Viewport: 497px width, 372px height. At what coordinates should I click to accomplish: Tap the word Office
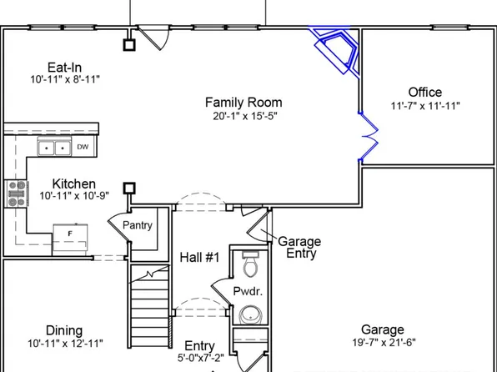tap(424, 92)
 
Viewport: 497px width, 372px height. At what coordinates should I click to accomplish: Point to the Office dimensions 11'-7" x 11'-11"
tap(425, 106)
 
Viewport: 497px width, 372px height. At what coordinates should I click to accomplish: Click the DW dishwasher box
tap(83, 148)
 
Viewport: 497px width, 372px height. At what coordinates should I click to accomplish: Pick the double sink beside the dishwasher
tap(54, 148)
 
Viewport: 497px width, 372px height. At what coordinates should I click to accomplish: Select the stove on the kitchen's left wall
tap(17, 193)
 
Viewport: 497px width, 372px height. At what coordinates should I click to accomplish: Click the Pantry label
tap(138, 225)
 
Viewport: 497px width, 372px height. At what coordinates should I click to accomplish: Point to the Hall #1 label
tap(199, 258)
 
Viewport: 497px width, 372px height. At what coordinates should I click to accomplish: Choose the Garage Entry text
tap(299, 248)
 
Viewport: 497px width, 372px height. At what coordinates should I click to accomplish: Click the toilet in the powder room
tap(248, 266)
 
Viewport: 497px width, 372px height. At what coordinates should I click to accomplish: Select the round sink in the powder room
tap(248, 316)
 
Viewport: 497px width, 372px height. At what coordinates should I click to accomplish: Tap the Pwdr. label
tap(248, 292)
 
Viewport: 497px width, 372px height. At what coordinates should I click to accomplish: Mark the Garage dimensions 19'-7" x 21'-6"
tap(383, 344)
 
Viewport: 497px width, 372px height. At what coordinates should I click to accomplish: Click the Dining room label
tap(63, 330)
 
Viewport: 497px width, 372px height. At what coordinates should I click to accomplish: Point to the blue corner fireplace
tap(339, 50)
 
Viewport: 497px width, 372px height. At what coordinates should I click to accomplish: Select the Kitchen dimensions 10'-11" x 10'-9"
tap(74, 197)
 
